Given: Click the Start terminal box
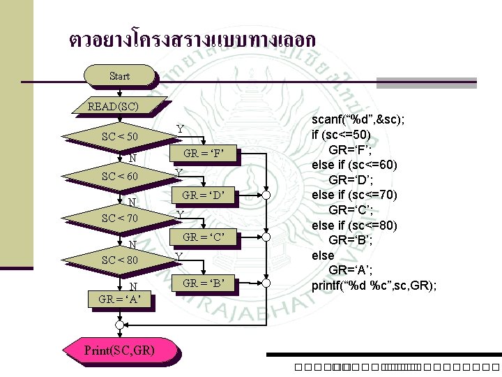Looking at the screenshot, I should click(x=119, y=75).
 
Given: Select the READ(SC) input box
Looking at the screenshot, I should click(x=113, y=107).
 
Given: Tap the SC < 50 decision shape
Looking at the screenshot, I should click(x=119, y=135).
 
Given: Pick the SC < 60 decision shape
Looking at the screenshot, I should click(x=119, y=176).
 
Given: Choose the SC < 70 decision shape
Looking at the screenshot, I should click(x=119, y=218).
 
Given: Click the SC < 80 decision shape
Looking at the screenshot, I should click(x=119, y=260).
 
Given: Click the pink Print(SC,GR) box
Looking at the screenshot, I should click(x=120, y=348).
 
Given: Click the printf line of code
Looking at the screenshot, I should click(x=374, y=285).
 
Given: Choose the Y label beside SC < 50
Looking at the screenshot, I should click(x=180, y=129).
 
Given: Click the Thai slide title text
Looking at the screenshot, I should click(x=192, y=38).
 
